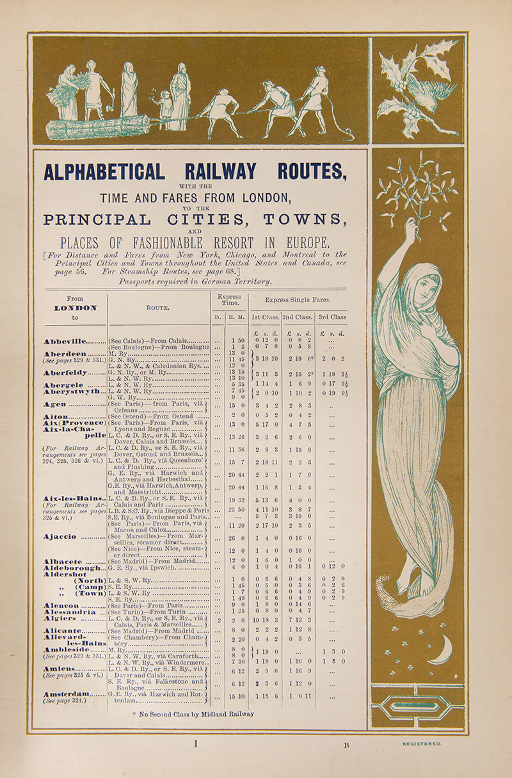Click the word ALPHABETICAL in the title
click(x=104, y=171)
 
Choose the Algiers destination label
click(x=61, y=619)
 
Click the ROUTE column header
click(x=157, y=308)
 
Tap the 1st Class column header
click(x=264, y=317)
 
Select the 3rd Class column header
click(x=333, y=317)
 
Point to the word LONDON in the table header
click(x=75, y=308)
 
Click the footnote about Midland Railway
click(x=193, y=714)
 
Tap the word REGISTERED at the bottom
click(x=422, y=744)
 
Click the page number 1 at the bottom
click(x=196, y=743)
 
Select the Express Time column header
click(x=229, y=300)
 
